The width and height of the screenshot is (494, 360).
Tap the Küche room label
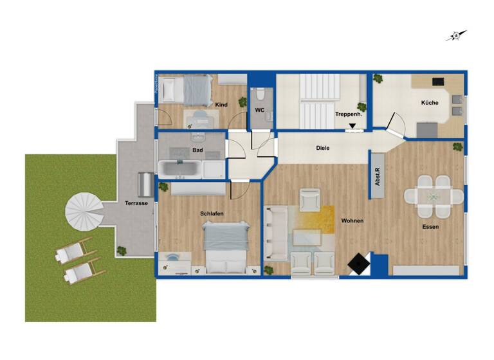coord(430,103)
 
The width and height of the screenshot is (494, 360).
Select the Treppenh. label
coord(347,114)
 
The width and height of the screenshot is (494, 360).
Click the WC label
coord(260,110)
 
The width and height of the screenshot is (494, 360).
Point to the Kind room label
coord(221,105)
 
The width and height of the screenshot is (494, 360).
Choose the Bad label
coord(197,150)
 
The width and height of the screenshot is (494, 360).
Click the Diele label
coord(323,148)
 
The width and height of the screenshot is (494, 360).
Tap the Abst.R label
coord(378,176)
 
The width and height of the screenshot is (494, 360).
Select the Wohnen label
coord(352,221)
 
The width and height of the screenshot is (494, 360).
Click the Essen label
coord(430,227)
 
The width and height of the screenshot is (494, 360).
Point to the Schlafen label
coord(212,213)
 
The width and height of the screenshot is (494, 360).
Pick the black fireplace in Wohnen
coord(358,264)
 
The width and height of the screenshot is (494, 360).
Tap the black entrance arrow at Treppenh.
coord(352,127)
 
